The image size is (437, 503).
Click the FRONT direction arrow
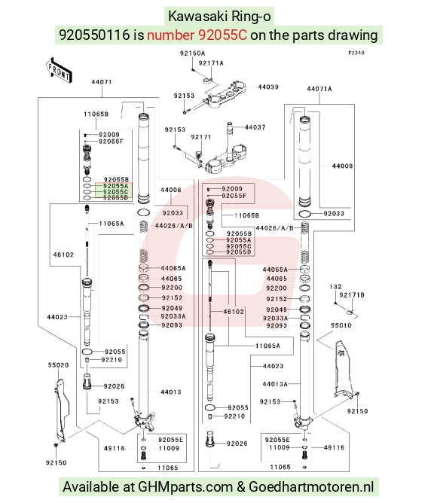point(59,70)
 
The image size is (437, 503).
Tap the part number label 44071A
point(319,89)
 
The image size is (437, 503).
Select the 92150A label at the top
point(192,53)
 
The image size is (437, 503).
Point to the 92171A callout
point(211,63)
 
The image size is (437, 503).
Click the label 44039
point(268,87)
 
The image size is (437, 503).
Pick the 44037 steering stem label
point(255,127)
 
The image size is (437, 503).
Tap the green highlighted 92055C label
point(115,192)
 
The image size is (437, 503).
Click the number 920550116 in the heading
point(94,35)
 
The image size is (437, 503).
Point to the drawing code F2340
point(356,53)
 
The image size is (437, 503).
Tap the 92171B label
point(352,295)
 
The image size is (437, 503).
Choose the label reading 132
point(335,286)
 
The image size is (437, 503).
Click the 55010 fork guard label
point(341,325)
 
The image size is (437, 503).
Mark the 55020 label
point(58,365)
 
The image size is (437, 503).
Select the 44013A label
point(275,384)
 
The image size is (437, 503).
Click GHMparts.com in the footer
point(185,487)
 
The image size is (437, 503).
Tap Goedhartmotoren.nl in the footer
point(311,487)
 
